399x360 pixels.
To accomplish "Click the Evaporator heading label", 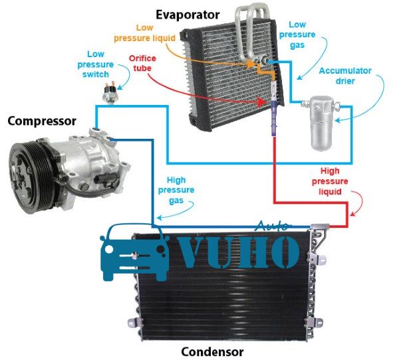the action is coord(188,15).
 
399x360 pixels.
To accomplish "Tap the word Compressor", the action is coord(42,121).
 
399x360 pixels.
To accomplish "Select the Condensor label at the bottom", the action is coord(212,352).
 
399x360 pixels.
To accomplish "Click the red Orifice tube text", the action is coord(142,63).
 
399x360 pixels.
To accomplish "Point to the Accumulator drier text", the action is coord(345,76).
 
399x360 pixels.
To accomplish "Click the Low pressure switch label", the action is coord(95,64).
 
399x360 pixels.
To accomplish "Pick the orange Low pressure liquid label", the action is coord(144,33).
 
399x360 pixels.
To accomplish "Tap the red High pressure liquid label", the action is coord(330,181).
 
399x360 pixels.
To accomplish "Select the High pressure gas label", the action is coord(176,190).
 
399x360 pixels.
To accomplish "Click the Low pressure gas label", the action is coord(297,35).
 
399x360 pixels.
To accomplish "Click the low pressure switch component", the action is coord(110,92).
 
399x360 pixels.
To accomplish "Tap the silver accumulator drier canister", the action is coord(321,122).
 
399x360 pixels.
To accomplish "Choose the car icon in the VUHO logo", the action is coord(135,252).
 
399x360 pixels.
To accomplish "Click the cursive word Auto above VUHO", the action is coord(273,226).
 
